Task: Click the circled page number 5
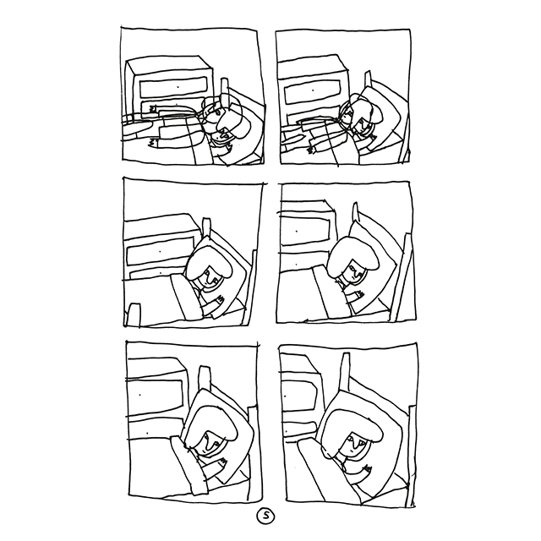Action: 265,516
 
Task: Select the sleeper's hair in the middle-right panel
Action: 352,255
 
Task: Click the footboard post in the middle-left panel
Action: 134,314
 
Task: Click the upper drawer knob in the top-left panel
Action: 178,87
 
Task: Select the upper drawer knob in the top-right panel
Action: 313,90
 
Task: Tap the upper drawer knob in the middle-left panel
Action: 160,252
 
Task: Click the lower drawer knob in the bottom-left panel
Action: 147,433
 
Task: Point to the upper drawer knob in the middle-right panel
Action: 297,231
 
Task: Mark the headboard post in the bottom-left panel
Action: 205,378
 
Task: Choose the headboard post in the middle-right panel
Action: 355,213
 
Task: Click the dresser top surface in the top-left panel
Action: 168,63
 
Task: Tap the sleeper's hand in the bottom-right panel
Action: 368,468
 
